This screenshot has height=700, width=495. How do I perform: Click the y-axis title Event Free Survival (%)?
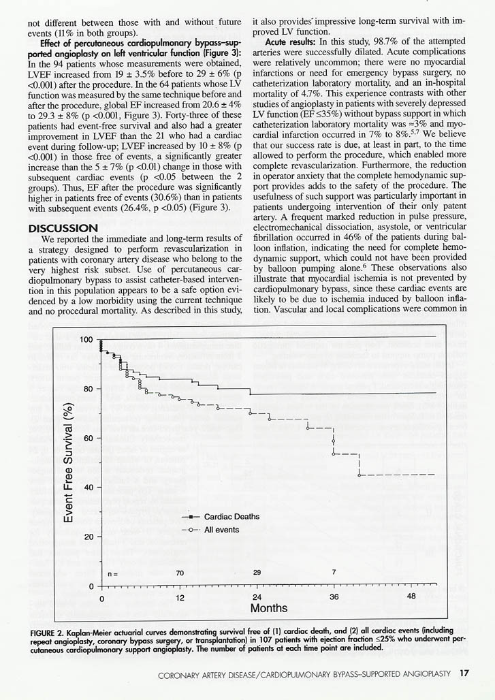coord(69,463)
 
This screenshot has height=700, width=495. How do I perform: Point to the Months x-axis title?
coord(269,607)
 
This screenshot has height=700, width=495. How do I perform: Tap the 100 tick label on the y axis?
coord(86,340)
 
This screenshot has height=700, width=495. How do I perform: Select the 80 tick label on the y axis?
coord(88,389)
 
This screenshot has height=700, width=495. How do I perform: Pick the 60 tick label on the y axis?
coord(88,439)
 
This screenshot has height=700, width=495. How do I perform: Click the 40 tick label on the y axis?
coord(88,488)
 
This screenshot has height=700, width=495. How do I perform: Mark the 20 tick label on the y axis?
coord(88,537)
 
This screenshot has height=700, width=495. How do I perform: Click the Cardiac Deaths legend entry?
coord(231,517)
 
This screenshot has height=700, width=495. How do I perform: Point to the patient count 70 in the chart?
coord(180,573)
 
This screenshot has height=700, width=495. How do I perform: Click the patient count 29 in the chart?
coord(257,573)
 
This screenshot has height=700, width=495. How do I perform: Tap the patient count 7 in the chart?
coord(334,573)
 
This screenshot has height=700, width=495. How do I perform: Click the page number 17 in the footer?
coord(464,674)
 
